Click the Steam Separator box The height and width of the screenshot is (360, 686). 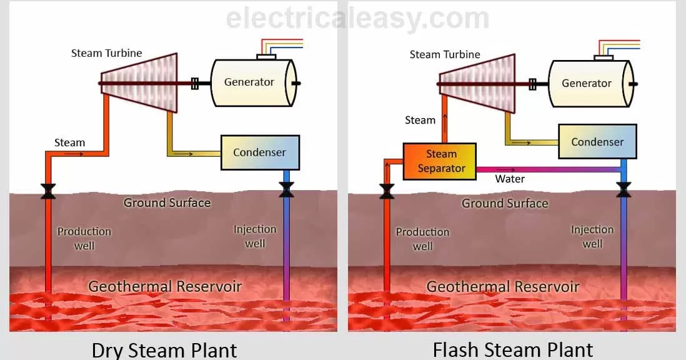(x=439, y=161)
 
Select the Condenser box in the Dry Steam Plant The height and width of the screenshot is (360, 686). (x=260, y=152)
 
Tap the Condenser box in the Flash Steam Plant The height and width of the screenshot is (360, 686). (x=597, y=141)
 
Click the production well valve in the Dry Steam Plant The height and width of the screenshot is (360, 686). (x=47, y=191)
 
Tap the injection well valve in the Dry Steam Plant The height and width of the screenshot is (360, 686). (x=287, y=189)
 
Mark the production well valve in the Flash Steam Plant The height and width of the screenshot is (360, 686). (x=387, y=191)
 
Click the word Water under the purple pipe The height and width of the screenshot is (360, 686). (x=510, y=179)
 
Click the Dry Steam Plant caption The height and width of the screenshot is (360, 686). (x=164, y=349)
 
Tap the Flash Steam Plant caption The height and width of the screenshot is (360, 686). (x=512, y=349)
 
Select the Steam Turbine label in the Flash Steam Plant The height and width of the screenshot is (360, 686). (x=445, y=54)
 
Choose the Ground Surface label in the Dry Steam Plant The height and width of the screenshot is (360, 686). (x=167, y=202)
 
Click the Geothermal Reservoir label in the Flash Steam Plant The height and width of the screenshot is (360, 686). (x=503, y=287)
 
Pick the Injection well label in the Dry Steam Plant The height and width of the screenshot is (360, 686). (x=255, y=236)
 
